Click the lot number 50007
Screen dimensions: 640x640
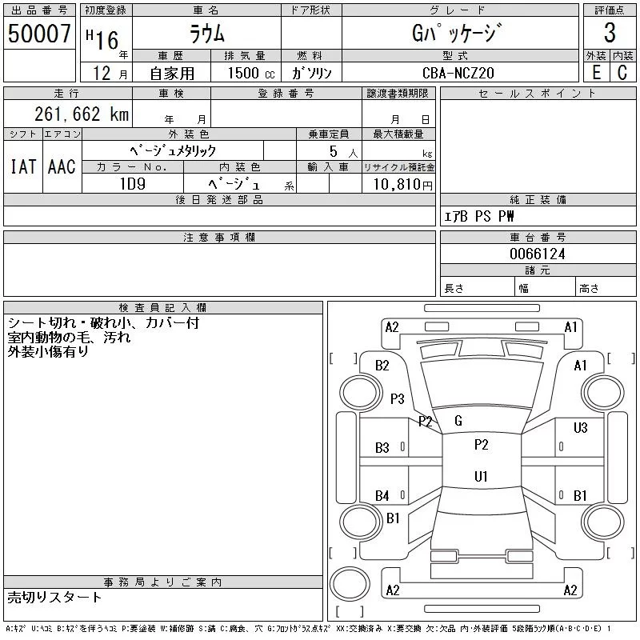[38, 34]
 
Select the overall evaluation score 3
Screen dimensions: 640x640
[610, 33]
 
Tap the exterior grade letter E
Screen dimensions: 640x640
[595, 73]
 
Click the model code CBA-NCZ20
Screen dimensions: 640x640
[459, 73]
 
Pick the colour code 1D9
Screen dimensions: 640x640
[132, 182]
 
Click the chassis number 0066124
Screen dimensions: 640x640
[538, 254]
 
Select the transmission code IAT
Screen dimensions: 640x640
[23, 167]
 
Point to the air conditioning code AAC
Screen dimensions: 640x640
[62, 167]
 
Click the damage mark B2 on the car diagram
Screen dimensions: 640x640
[382, 366]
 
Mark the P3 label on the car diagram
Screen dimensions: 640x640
[398, 398]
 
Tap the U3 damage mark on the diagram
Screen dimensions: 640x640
[581, 428]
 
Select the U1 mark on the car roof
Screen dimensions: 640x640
[481, 477]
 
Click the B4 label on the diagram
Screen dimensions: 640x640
[382, 496]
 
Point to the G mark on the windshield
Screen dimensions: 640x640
[458, 421]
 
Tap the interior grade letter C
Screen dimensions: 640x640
[622, 73]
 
